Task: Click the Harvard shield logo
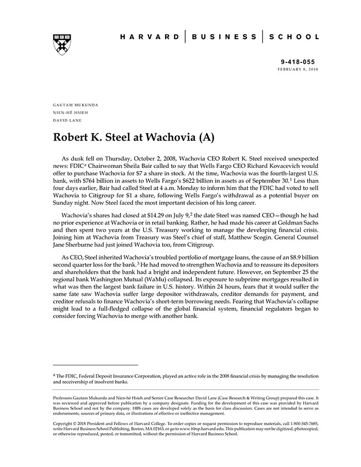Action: coord(61,44)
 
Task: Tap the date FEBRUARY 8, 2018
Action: coord(298,69)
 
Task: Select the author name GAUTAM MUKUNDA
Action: coord(75,105)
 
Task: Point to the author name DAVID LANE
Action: coord(68,120)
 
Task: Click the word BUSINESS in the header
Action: coord(224,37)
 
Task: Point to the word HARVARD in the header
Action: coord(150,37)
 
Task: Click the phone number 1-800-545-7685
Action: coord(303,424)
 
